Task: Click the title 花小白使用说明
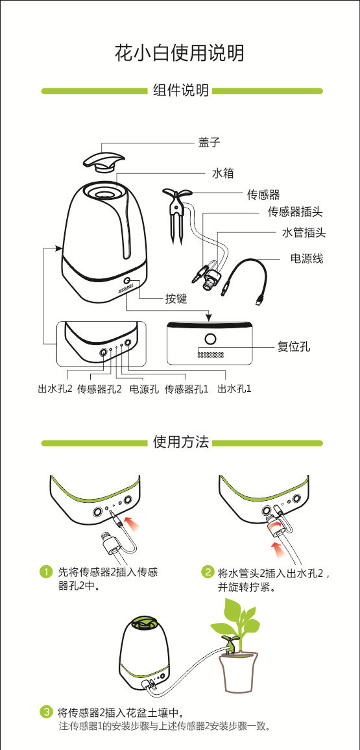(180, 53)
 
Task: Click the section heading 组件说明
(181, 90)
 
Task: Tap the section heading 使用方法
(181, 442)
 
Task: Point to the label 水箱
(223, 173)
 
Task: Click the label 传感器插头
(295, 212)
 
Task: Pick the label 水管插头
(304, 232)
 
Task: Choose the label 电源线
(306, 258)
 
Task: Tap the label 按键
(176, 298)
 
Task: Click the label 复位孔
(293, 347)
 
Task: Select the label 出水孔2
(54, 389)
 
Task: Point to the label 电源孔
(144, 389)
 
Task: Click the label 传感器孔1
(187, 389)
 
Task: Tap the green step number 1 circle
(46, 572)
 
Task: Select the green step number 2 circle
(208, 572)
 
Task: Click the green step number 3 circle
(46, 712)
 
